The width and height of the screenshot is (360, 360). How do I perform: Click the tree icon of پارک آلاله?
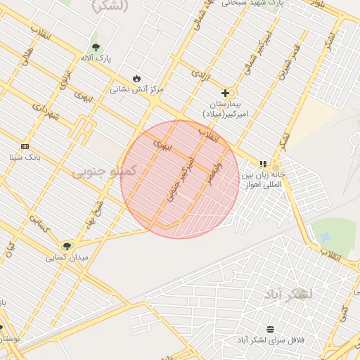pyautogui.click(x=96, y=47)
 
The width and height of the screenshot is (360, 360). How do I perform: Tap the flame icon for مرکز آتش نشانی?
pyautogui.click(x=136, y=79)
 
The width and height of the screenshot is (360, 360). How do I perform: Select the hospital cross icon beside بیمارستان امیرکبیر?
pyautogui.click(x=225, y=93)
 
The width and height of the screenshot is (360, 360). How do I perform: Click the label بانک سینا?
pyautogui.click(x=25, y=157)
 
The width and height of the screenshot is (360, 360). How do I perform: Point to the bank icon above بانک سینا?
pyautogui.click(x=25, y=146)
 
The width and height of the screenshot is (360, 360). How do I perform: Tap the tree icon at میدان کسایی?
pyautogui.click(x=67, y=246)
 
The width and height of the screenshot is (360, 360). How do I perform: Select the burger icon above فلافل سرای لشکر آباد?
pyautogui.click(x=271, y=329)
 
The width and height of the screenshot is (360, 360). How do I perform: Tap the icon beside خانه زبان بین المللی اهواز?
pyautogui.click(x=263, y=164)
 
